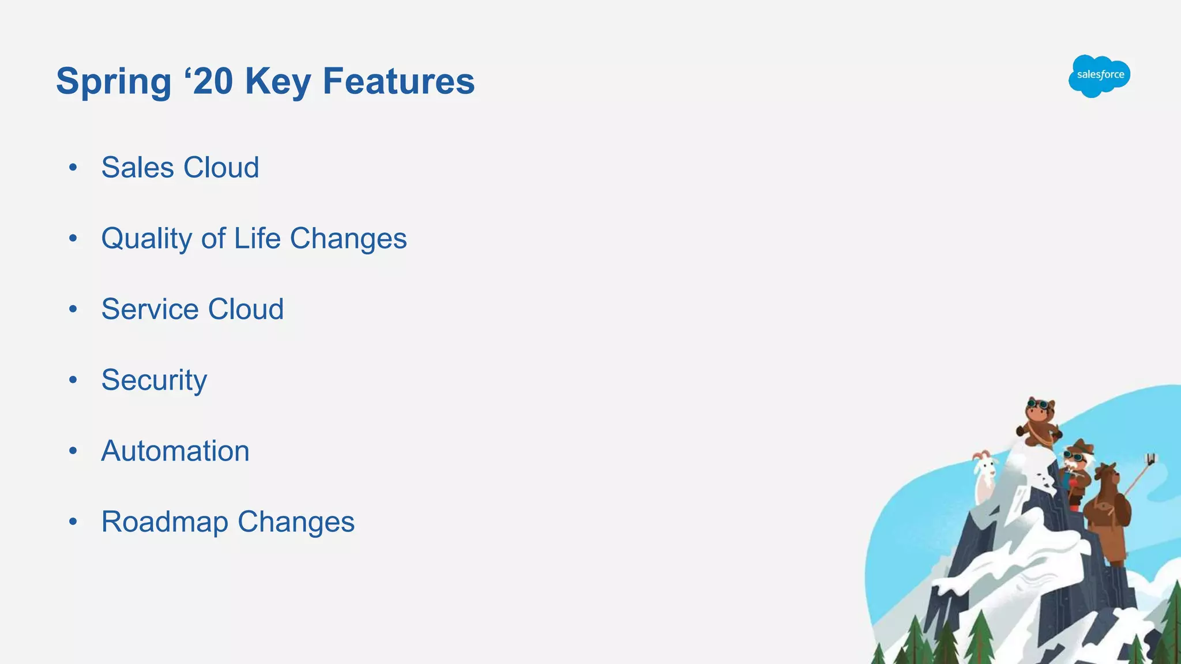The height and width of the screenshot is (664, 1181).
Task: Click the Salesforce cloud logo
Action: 1099,76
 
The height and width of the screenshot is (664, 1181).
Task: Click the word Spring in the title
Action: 114,81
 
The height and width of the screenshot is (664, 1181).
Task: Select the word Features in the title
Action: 398,81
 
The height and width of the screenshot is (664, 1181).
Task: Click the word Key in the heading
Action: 278,81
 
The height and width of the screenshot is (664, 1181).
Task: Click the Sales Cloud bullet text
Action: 180,168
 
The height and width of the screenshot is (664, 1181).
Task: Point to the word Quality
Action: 146,239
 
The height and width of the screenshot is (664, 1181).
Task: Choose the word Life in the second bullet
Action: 257,238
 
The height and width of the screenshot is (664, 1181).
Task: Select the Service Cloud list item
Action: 192,309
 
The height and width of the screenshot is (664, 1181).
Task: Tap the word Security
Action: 154,380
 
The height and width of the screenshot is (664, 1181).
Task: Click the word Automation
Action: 175,451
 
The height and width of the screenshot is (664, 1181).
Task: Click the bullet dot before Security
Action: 73,380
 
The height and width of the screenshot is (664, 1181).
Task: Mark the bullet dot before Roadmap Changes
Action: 73,522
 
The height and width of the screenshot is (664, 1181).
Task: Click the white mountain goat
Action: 984,476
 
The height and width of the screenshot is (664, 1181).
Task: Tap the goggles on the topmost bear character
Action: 1039,404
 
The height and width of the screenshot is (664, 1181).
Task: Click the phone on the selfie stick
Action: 1150,459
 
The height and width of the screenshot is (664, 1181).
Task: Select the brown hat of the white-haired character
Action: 1080,447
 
